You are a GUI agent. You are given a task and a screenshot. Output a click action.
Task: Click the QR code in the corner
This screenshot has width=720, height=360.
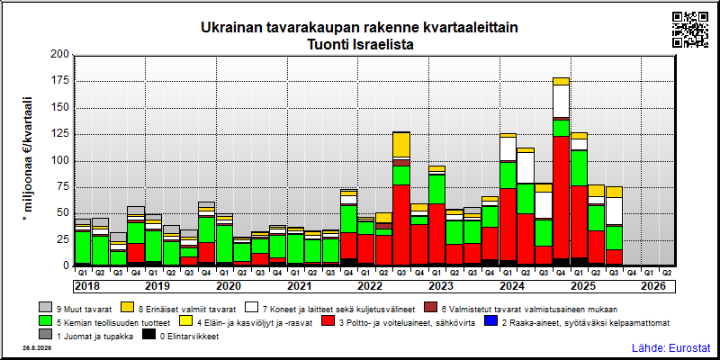(x=690, y=30)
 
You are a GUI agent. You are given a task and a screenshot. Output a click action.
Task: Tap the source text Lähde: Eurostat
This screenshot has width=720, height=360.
(x=670, y=347)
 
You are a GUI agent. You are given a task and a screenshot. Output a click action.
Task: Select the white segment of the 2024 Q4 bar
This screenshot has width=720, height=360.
(x=561, y=101)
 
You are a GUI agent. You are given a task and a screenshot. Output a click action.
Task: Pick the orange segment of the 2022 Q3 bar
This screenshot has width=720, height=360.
(x=401, y=145)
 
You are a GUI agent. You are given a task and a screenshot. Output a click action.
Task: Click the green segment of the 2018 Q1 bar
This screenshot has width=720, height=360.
(x=83, y=247)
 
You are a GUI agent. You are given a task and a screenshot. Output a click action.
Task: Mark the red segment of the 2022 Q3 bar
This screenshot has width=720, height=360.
(x=401, y=225)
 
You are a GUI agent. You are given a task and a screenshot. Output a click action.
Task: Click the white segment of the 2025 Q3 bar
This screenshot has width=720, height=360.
(x=614, y=211)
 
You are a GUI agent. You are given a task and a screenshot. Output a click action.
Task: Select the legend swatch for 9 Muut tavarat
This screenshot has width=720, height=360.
(x=45, y=307)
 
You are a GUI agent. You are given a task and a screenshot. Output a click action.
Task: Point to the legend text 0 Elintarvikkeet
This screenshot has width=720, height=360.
(x=189, y=337)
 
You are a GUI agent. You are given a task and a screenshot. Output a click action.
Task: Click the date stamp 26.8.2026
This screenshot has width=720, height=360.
(x=36, y=348)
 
